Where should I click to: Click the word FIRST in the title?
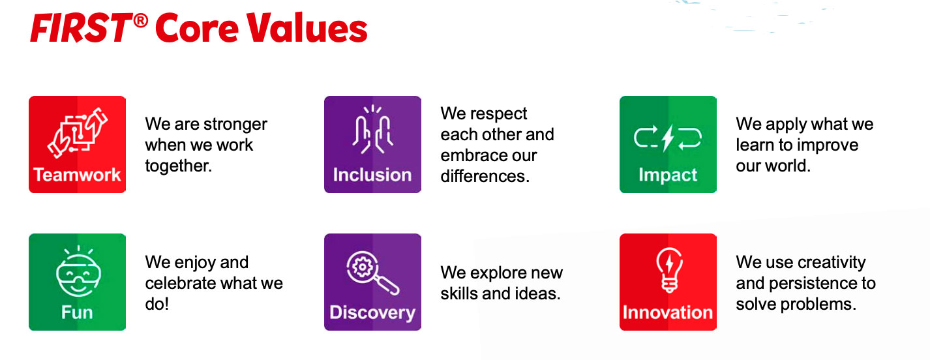point(81,28)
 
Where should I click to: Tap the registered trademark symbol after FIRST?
point(141,20)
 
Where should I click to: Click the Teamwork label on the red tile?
point(77,175)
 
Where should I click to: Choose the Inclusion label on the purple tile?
point(372,175)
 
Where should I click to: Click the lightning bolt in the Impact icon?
point(668,138)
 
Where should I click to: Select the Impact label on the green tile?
point(668,175)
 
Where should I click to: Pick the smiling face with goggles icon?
point(78,271)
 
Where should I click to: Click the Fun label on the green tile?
point(77,312)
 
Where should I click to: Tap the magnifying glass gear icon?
point(372,273)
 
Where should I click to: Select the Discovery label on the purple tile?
point(372,313)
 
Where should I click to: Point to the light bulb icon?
point(669,270)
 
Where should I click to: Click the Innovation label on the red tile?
point(668,312)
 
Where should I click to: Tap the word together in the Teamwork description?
point(179,166)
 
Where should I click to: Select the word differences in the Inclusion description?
point(485,176)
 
